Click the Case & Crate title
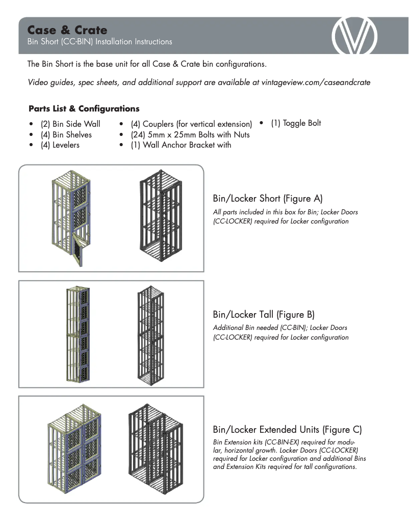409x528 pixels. (67, 30)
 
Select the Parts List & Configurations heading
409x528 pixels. (84, 108)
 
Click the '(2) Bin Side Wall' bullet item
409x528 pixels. (70, 124)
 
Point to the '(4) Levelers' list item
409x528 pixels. (60, 145)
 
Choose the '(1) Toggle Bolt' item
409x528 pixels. (296, 123)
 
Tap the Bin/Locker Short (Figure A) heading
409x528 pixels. (268, 198)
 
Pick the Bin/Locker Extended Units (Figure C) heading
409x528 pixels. (288, 429)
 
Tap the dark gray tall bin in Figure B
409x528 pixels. (151, 335)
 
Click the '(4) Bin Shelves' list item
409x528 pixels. (66, 134)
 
